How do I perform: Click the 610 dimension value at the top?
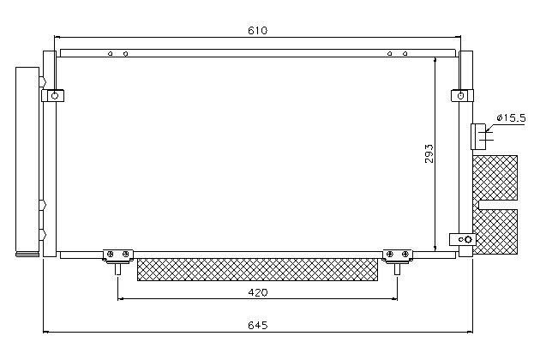(257, 30)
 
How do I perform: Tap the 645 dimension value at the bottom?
(258, 325)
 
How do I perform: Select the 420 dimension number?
(258, 292)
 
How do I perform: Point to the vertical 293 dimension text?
(429, 153)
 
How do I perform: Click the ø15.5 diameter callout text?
(511, 118)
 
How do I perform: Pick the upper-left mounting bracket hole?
(54, 96)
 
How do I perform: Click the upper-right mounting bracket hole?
(460, 96)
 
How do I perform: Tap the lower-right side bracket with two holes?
(463, 239)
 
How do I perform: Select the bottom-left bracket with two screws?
(117, 255)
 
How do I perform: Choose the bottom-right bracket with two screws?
(398, 255)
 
